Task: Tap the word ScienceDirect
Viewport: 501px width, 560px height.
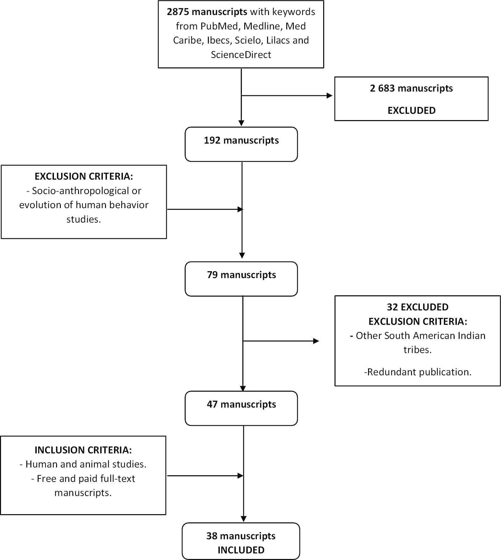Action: [241, 55]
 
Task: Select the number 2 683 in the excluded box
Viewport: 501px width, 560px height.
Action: [382, 88]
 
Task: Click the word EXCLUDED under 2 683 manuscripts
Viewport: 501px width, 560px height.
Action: [411, 111]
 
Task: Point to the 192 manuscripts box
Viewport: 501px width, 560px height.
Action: [241, 144]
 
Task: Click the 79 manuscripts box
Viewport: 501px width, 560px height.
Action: [241, 279]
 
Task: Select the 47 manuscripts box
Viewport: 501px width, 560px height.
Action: [241, 408]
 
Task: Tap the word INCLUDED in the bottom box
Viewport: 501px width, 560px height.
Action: [241, 550]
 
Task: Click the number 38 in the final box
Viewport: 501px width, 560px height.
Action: [212, 536]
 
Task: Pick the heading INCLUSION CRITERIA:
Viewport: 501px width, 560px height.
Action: [83, 450]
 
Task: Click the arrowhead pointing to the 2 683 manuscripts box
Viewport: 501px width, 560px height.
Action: [330, 96]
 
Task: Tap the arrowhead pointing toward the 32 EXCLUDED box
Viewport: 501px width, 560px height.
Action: [316, 341]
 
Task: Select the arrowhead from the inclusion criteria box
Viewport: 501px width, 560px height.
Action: [241, 476]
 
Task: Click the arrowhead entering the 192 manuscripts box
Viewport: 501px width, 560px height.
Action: [241, 123]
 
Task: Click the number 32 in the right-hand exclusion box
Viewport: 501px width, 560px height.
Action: [392, 307]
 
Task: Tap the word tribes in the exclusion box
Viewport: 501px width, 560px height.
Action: [417, 350]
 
